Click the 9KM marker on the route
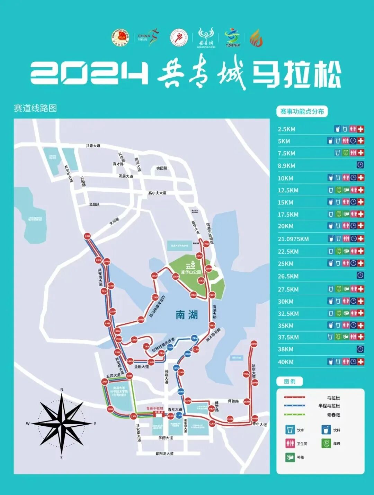click(x=87, y=236)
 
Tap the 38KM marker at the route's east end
click(x=254, y=344)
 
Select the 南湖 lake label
click(x=187, y=315)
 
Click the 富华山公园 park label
click(x=191, y=272)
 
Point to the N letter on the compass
click(x=62, y=390)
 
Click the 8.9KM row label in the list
click(x=286, y=166)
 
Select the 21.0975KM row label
click(x=293, y=239)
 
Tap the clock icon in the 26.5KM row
click(x=360, y=276)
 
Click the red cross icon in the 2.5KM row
click(x=360, y=129)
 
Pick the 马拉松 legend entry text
click(x=333, y=398)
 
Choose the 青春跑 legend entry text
click(x=333, y=415)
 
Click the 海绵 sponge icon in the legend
click(x=326, y=443)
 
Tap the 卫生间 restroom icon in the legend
click(x=290, y=443)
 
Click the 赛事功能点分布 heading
click(x=302, y=112)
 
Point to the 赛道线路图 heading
click(x=35, y=108)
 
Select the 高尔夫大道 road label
click(x=157, y=193)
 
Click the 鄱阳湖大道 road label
click(x=164, y=453)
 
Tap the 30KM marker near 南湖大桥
click(x=212, y=325)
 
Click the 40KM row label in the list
click(x=286, y=362)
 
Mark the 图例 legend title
click(x=290, y=381)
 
